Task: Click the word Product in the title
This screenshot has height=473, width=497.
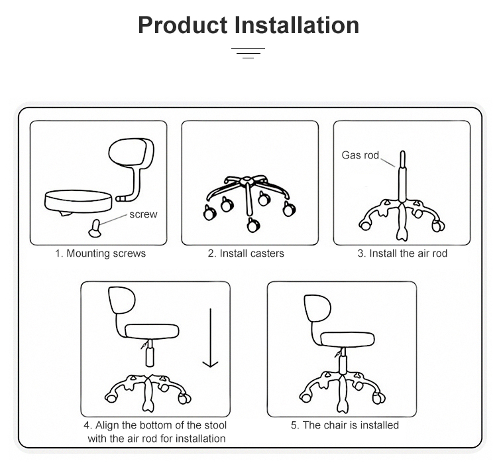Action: coord(183,25)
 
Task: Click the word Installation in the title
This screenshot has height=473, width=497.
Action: coord(298,25)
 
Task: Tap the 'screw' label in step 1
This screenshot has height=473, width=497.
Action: coord(143,214)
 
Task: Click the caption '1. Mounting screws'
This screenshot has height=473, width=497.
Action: coord(100,253)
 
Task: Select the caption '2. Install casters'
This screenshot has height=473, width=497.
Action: coord(246,253)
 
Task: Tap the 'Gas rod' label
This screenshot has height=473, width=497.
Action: coord(360,155)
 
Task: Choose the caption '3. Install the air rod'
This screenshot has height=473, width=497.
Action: coord(402,253)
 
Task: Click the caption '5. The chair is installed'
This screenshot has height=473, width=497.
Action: coord(345,425)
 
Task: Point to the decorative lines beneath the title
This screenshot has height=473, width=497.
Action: coord(248,52)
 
